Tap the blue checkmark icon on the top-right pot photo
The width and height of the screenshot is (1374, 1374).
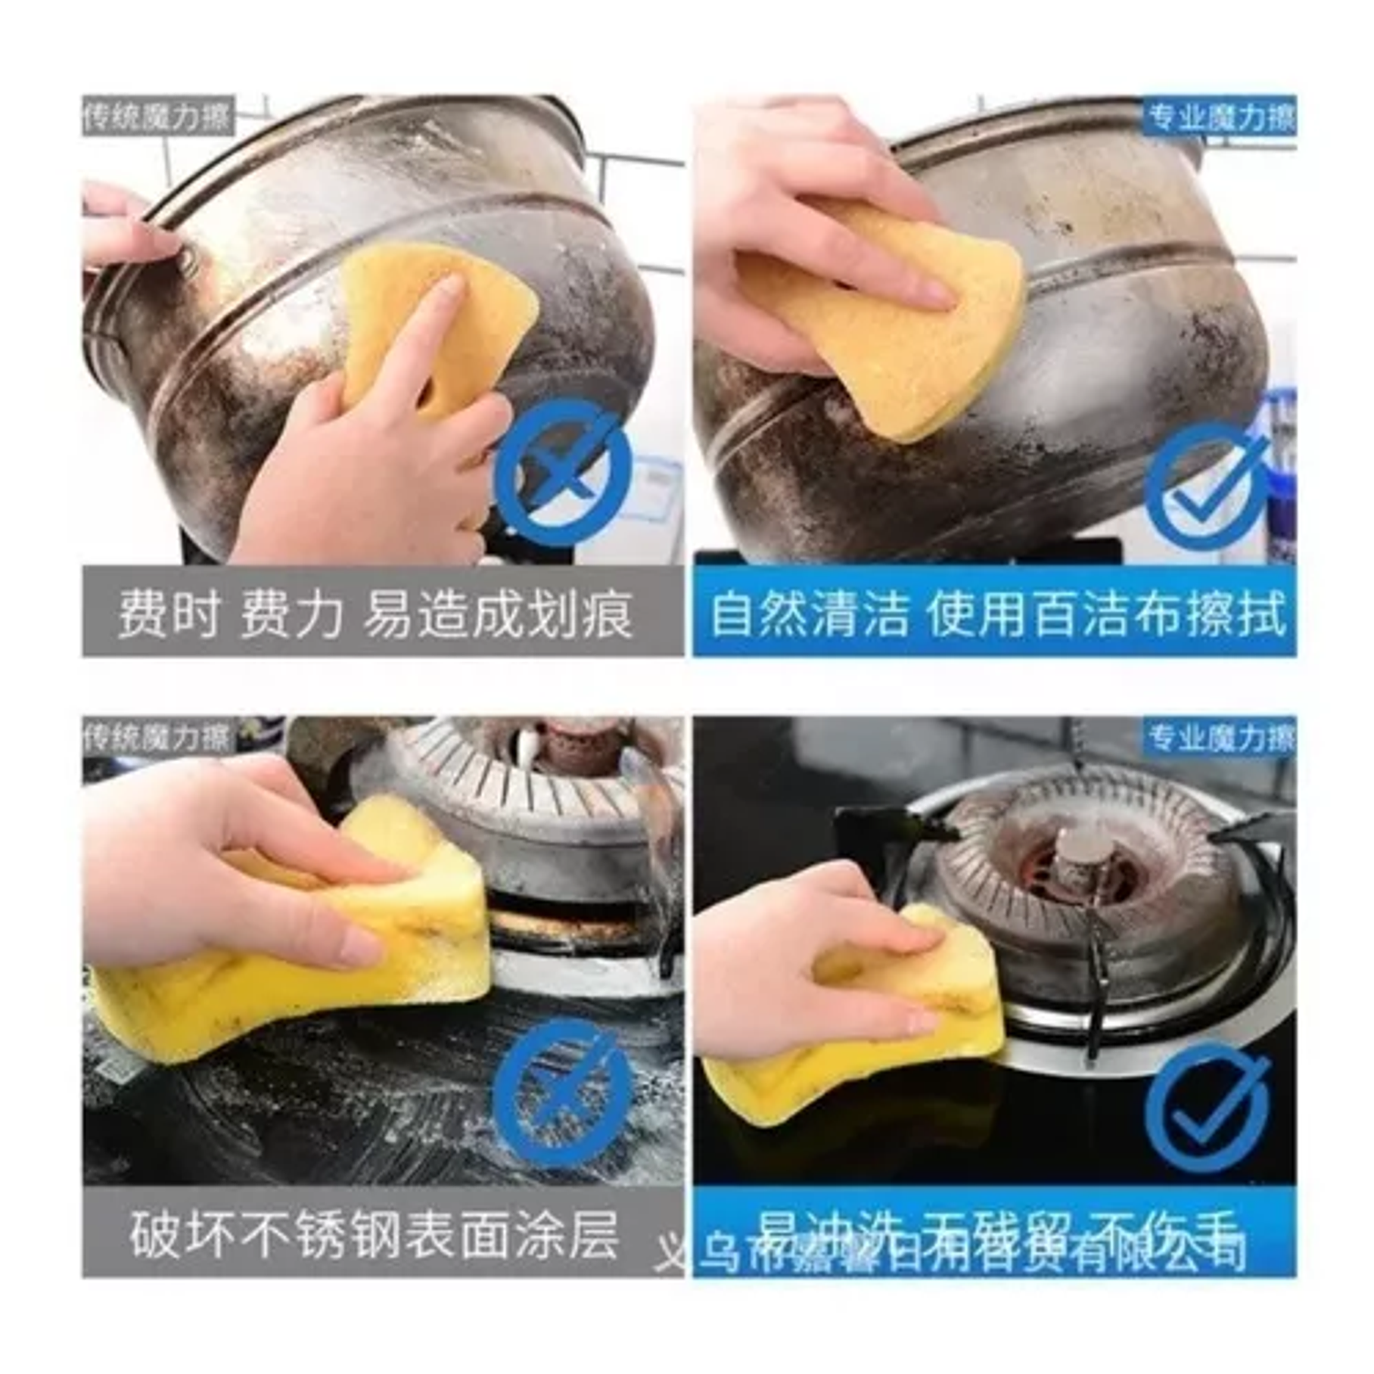point(1208,485)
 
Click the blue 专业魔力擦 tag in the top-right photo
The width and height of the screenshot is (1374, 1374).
point(1220,117)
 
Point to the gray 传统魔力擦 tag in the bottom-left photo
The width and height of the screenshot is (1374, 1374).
point(157,736)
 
